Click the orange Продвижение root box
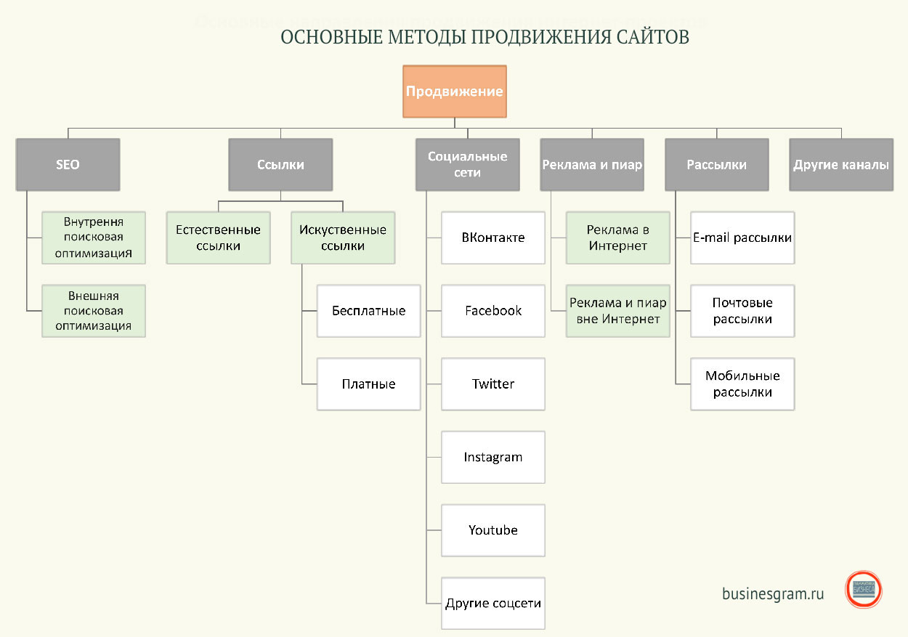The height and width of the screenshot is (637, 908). (x=455, y=92)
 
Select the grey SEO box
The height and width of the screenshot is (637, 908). (x=68, y=165)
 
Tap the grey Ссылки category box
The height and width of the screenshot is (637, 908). (x=280, y=165)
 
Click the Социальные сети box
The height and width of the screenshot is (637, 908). (x=467, y=165)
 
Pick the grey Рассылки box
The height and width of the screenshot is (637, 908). (x=716, y=165)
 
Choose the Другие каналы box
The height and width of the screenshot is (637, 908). (x=841, y=165)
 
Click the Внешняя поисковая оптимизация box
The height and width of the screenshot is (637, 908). (x=94, y=311)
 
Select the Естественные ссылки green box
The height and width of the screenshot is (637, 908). (x=218, y=238)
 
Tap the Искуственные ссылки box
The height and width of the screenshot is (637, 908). (x=343, y=238)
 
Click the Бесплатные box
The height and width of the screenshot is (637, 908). (x=368, y=311)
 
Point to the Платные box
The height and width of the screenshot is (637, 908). (x=368, y=384)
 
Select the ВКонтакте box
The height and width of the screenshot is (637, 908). (x=493, y=238)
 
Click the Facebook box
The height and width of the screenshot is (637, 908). (x=493, y=311)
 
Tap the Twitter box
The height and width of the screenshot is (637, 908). (x=493, y=384)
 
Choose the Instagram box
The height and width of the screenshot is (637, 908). (x=493, y=458)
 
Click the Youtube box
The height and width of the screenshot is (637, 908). (x=493, y=530)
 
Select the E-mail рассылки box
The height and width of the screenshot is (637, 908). (x=742, y=238)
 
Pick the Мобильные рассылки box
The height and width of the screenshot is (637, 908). (x=742, y=384)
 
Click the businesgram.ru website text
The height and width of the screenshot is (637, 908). (x=773, y=593)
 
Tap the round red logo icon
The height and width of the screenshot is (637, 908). (x=864, y=589)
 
